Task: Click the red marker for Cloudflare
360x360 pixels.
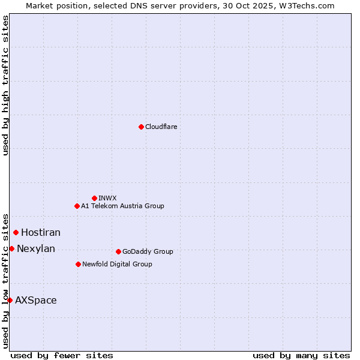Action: (x=141, y=127)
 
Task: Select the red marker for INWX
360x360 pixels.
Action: (x=94, y=198)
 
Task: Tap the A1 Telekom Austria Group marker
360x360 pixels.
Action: (x=77, y=206)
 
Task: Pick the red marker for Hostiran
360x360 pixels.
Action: (x=16, y=232)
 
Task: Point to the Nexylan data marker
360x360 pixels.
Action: (x=11, y=248)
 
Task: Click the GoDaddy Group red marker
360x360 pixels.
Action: (x=118, y=251)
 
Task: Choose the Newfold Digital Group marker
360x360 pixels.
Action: (x=78, y=264)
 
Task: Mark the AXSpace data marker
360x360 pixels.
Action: (x=10, y=300)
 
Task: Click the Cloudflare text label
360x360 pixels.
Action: (x=161, y=127)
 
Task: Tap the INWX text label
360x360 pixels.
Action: (x=107, y=198)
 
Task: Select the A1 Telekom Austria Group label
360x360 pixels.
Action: (x=122, y=206)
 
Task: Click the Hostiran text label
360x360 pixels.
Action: (x=41, y=232)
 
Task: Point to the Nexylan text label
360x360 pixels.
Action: (x=36, y=248)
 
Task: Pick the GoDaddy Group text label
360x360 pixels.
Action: (x=148, y=251)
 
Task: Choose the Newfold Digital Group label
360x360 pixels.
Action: (x=117, y=264)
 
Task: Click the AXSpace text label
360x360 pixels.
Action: (x=36, y=300)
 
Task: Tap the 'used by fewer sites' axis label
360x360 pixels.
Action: (x=62, y=355)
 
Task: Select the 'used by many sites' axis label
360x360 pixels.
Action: (x=301, y=355)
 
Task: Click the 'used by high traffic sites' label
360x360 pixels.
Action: (x=5, y=85)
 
